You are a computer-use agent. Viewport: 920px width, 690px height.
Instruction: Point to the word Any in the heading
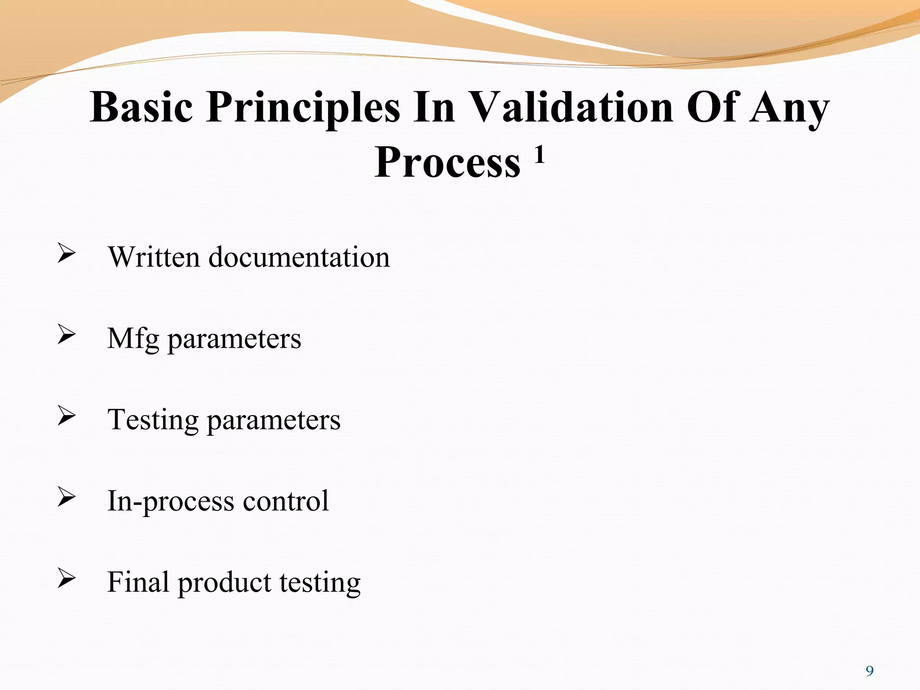(x=789, y=108)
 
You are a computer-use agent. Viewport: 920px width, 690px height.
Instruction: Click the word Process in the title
(x=447, y=163)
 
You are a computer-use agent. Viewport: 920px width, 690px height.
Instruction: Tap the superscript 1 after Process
(x=540, y=155)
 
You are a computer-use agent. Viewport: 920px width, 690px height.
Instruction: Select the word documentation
(x=299, y=257)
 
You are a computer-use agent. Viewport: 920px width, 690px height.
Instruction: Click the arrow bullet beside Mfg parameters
(x=66, y=335)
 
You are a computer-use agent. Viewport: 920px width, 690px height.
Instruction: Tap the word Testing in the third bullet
(x=153, y=420)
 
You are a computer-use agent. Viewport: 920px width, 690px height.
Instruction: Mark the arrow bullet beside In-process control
(x=66, y=497)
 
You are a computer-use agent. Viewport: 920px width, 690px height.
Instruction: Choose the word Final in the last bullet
(x=138, y=582)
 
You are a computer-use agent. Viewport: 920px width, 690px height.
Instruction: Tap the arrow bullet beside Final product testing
(x=66, y=578)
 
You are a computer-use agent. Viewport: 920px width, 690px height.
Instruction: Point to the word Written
(x=154, y=257)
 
